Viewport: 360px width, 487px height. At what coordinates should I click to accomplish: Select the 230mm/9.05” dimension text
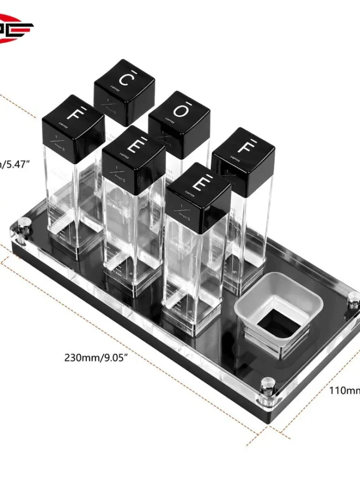point(97,357)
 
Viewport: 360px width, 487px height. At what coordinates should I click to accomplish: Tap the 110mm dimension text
point(344,391)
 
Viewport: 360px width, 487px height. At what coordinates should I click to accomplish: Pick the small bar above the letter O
point(180,104)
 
